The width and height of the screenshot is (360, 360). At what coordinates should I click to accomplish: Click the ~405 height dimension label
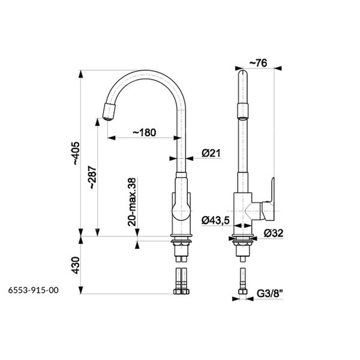(x=76, y=154)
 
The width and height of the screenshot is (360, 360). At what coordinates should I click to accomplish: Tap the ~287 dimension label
(x=93, y=177)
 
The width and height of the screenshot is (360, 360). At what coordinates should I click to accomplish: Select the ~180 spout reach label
(x=145, y=133)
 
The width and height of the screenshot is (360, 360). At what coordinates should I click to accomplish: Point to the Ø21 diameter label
(x=211, y=153)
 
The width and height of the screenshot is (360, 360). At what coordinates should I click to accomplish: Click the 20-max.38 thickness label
(x=132, y=202)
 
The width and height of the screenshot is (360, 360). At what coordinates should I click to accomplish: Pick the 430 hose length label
(x=76, y=265)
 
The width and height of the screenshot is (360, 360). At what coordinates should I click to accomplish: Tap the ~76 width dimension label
(x=258, y=63)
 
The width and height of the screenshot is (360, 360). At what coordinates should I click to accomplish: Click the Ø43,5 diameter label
(x=215, y=220)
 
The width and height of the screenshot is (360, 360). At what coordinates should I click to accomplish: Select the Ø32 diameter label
(x=274, y=233)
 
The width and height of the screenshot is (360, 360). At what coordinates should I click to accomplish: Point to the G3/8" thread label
(x=269, y=293)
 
